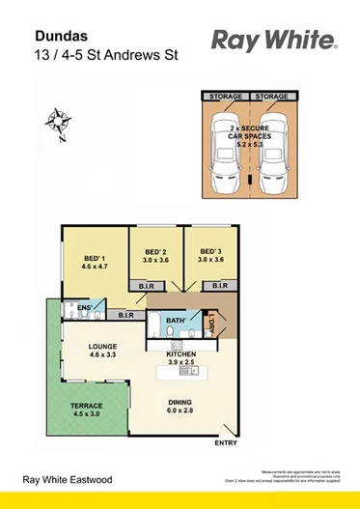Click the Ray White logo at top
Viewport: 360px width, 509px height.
click(x=273, y=40)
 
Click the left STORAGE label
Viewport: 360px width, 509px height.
click(x=225, y=97)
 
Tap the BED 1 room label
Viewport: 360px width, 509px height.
click(x=95, y=260)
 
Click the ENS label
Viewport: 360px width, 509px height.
click(x=84, y=306)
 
